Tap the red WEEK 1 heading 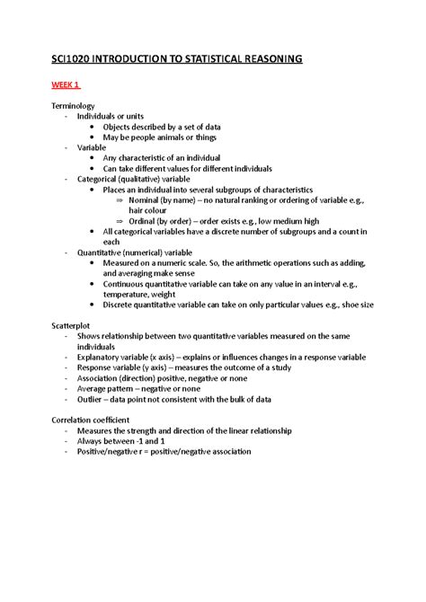(66, 86)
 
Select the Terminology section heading (77, 106)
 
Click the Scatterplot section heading (75, 323)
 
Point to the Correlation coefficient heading (97, 419)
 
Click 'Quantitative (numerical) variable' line (142, 252)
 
